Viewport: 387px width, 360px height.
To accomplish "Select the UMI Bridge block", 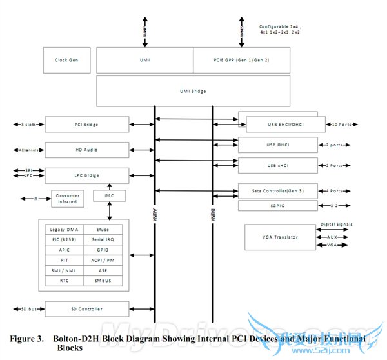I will pos(193,91).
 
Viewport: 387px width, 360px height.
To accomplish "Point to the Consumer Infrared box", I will pos(68,199).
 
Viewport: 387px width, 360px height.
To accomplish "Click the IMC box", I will pos(109,195).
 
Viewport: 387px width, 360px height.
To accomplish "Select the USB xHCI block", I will pos(278,165).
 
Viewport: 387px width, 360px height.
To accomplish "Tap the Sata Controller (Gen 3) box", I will pos(278,191).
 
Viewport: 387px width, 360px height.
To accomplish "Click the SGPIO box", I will pos(278,206).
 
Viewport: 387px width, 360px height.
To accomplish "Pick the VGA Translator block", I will pos(281,237).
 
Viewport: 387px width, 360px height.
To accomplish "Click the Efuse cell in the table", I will pos(103,229).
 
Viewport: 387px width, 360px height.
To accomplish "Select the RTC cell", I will pos(64,281).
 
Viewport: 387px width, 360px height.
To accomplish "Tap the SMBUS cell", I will pos(103,281).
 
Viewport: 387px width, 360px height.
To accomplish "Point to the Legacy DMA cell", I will pos(64,229).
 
